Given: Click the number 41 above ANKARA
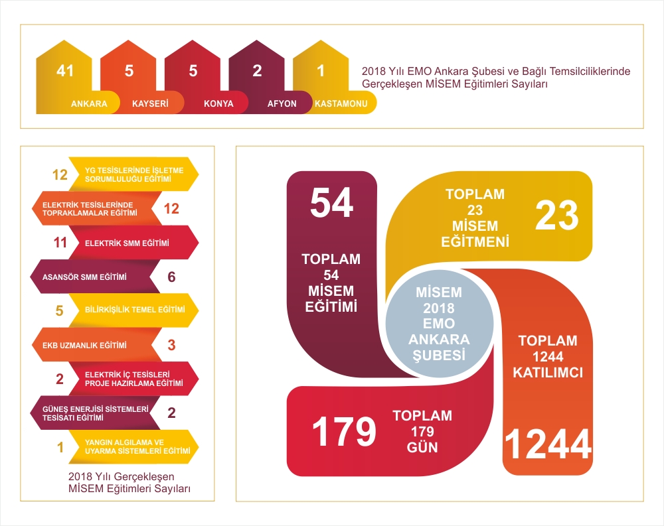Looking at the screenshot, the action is click(x=65, y=70).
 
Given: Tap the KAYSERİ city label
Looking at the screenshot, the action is click(x=150, y=103).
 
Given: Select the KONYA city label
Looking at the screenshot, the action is click(x=218, y=103).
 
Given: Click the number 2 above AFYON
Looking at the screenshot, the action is click(x=257, y=70).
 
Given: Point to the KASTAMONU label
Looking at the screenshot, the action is click(x=341, y=103).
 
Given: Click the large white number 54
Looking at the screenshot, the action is click(x=331, y=203).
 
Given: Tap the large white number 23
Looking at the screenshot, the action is click(x=557, y=216).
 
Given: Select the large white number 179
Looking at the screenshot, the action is click(x=344, y=431).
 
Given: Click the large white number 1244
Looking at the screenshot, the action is click(x=548, y=444).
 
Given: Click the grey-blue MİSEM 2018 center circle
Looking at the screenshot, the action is click(x=439, y=324).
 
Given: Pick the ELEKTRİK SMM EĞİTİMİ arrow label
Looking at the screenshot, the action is click(x=127, y=243).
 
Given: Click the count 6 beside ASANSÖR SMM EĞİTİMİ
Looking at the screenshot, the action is click(x=171, y=277).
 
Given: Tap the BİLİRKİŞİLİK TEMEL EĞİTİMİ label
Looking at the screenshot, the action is click(x=135, y=310).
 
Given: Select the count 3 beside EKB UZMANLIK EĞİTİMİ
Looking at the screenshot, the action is click(x=171, y=345).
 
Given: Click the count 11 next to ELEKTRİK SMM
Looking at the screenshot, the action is click(x=60, y=243).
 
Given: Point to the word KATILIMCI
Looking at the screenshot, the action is click(x=548, y=372).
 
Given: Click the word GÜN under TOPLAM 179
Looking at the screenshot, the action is click(x=422, y=447).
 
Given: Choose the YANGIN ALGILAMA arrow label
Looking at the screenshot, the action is click(x=137, y=447).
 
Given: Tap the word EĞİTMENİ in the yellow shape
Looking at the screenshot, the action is click(x=475, y=241).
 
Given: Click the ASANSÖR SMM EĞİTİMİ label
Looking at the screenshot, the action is click(x=84, y=277).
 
